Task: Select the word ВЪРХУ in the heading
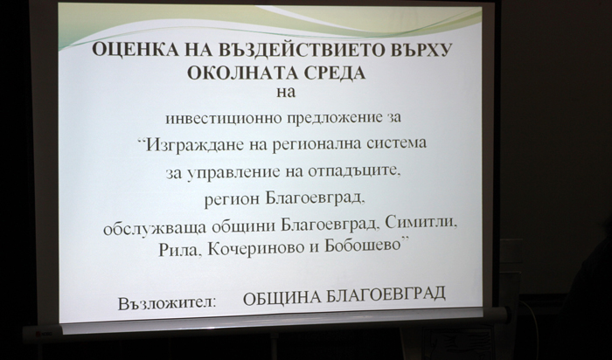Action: click(x=415, y=51)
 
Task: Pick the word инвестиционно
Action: click(x=224, y=118)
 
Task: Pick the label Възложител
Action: click(x=167, y=303)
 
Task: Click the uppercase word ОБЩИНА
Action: click(x=282, y=299)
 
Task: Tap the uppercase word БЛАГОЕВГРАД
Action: click(x=386, y=294)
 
